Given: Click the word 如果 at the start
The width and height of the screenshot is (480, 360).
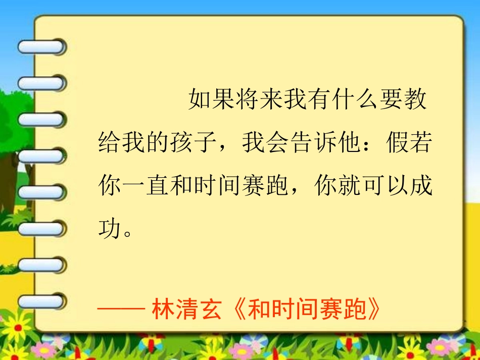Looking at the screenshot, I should pos(212,100).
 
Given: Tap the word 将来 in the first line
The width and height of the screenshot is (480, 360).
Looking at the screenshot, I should pos(260,100).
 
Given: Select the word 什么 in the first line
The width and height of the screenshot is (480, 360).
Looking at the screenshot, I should pos(356,100).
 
